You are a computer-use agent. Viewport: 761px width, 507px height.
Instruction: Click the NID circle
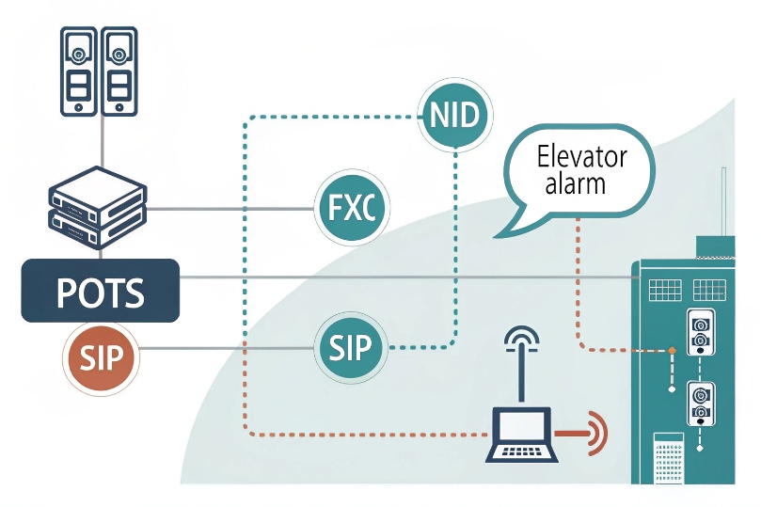(x=456, y=116)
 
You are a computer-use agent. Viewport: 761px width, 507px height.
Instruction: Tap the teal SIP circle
(x=353, y=349)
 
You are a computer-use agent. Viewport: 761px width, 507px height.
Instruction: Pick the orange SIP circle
(x=99, y=356)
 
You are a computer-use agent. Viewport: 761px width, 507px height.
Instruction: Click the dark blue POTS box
(x=101, y=291)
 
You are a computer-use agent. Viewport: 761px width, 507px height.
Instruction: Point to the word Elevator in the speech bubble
(x=581, y=156)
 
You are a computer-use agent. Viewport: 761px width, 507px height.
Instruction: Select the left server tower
(x=78, y=71)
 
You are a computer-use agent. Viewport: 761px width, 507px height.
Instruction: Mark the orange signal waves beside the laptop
(x=596, y=434)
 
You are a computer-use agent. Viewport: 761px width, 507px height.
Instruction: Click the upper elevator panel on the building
(x=700, y=332)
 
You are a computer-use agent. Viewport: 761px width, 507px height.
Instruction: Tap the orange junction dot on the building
(x=673, y=352)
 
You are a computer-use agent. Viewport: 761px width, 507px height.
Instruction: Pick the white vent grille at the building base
(x=667, y=458)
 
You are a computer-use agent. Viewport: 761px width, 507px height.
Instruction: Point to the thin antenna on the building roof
(x=723, y=202)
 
